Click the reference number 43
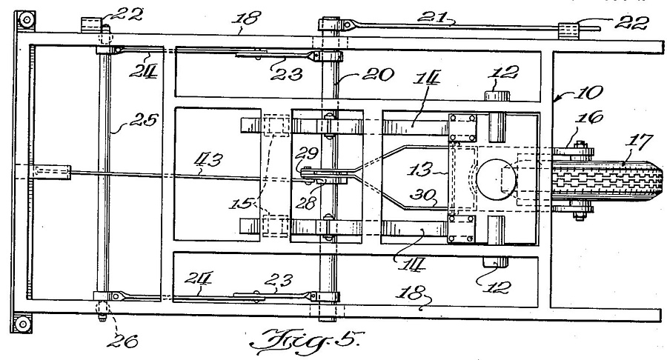208,161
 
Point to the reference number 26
122,341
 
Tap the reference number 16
589,117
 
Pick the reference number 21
432,18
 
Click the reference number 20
379,75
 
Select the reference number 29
308,153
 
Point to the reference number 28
307,203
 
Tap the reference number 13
420,170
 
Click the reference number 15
240,204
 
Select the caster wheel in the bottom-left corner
22,324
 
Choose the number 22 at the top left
126,16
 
